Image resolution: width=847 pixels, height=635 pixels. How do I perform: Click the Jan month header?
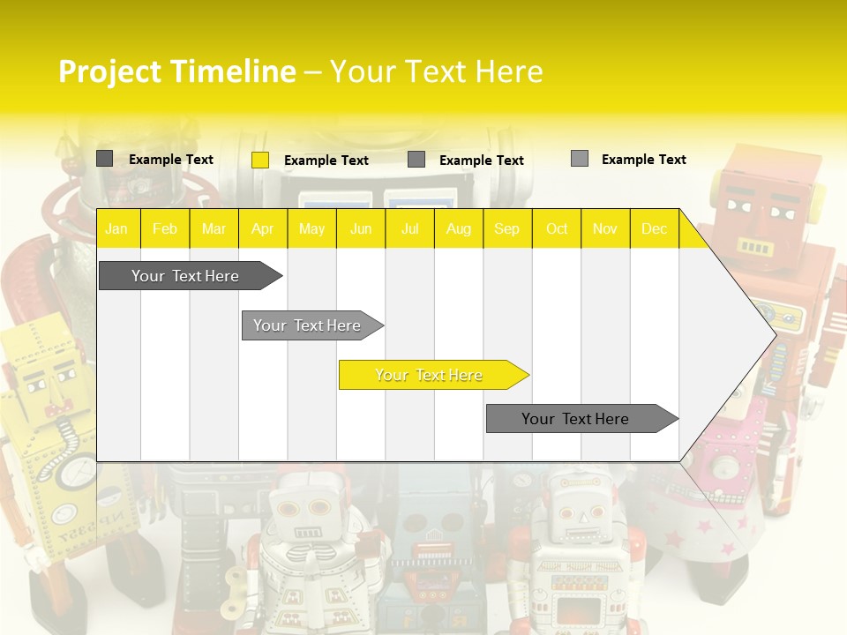pos(116,228)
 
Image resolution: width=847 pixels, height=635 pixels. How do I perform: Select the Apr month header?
pos(262,228)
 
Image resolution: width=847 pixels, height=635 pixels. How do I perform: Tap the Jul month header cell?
pos(409,228)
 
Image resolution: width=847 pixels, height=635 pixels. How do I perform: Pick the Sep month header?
pos(506,228)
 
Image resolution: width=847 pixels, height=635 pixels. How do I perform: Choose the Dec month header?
pos(654,228)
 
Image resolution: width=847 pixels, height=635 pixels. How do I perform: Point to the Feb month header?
pos(165,228)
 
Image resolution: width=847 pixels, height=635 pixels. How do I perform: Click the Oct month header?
pos(557,228)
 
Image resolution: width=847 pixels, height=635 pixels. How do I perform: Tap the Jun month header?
pos(361,228)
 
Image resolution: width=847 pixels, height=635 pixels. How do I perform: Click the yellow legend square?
pos(260,160)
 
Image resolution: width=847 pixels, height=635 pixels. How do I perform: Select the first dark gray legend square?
pos(104,159)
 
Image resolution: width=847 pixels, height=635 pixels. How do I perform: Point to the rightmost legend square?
pos(580,159)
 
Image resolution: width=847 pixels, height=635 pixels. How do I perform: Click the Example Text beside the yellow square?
pos(326,161)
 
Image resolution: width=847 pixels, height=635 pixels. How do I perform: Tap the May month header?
pos(311,228)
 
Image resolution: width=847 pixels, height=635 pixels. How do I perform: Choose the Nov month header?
pos(605,228)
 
